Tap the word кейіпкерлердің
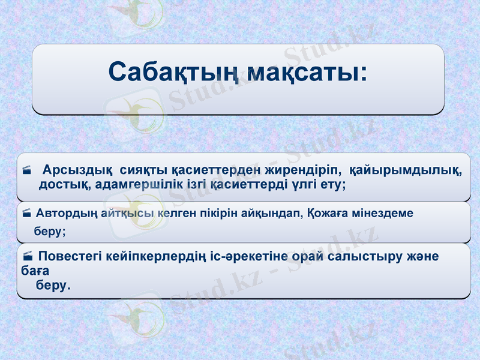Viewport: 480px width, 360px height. coord(169,257)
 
